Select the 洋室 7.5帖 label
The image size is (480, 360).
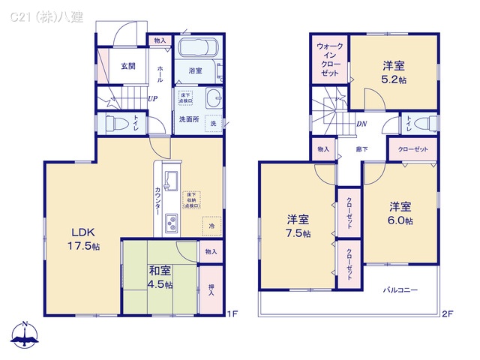pyautogui.click(x=298, y=226)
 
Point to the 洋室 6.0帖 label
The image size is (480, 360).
pyautogui.click(x=400, y=213)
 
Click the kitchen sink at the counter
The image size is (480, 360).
pyautogui.click(x=170, y=181)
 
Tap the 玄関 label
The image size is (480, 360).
pyautogui.click(x=128, y=66)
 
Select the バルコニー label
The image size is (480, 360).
pyautogui.click(x=400, y=289)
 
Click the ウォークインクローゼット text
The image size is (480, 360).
pyautogui.click(x=329, y=60)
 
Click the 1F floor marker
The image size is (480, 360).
pyautogui.click(x=232, y=313)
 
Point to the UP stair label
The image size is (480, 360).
pyautogui.click(x=152, y=98)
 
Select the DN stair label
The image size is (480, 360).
pyautogui.click(x=361, y=124)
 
